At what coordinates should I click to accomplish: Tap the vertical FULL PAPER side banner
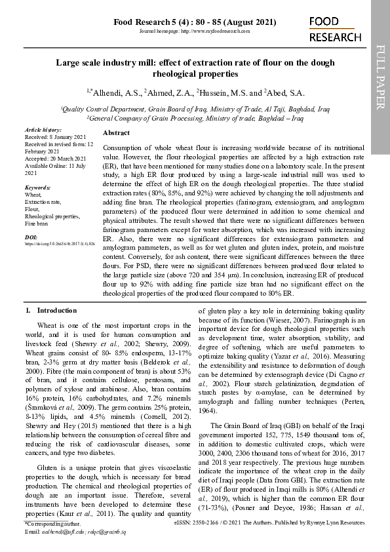tap(380, 77)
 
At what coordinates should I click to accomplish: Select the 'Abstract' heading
tap(117, 132)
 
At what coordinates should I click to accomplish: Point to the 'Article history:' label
tap(43, 130)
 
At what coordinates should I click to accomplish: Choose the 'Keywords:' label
tap(37, 187)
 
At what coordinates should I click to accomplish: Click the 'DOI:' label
tap(31, 237)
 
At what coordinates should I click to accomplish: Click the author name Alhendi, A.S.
tap(118, 92)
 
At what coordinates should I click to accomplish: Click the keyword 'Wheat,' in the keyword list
tap(33, 195)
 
